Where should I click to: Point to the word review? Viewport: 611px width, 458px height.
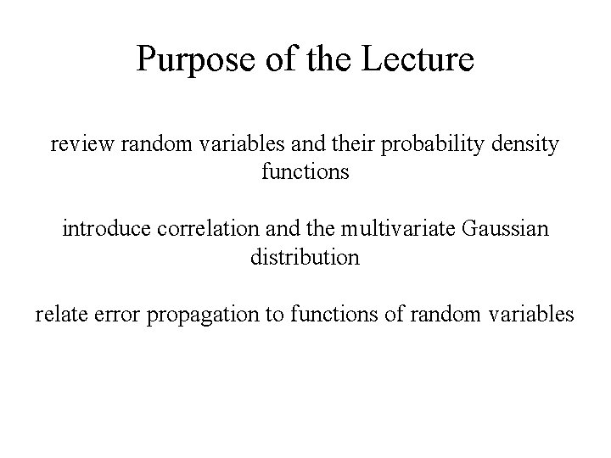click(x=81, y=144)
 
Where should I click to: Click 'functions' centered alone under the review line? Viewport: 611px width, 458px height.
click(x=305, y=172)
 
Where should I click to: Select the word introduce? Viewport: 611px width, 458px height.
click(x=104, y=229)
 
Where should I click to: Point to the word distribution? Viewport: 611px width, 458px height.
click(x=305, y=257)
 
